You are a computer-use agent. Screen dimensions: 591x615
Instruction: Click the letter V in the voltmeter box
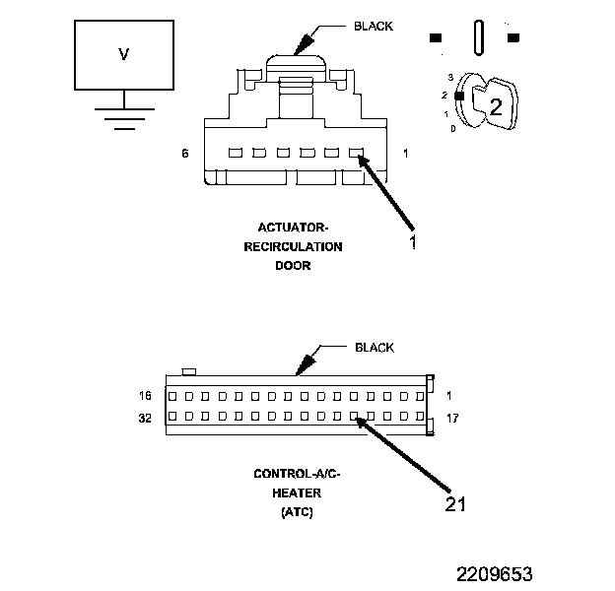tap(123, 55)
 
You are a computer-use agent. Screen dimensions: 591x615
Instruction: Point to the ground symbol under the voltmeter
tap(122, 116)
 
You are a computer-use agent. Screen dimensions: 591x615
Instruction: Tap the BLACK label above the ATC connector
tap(374, 348)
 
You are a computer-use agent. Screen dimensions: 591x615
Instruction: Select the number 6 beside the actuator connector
tap(184, 154)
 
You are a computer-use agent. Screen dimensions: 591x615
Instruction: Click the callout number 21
tap(454, 503)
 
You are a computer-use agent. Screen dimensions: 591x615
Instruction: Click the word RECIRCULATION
tap(294, 246)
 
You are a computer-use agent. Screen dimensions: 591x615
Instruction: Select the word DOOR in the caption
tap(293, 265)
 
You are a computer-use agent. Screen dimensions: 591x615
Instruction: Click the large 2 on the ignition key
tap(496, 107)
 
